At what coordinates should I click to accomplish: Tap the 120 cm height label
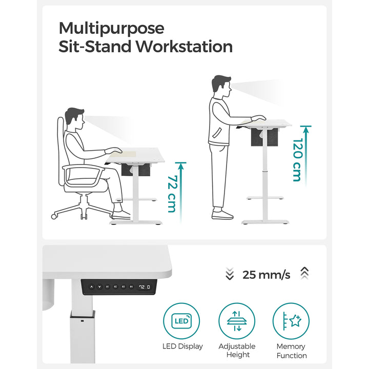click(x=296, y=159)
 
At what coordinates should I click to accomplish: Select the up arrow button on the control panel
click(x=91, y=287)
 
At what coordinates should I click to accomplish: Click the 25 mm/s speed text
click(x=266, y=275)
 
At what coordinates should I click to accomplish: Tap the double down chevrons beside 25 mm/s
click(x=230, y=275)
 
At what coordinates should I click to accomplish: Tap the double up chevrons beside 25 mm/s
click(x=304, y=274)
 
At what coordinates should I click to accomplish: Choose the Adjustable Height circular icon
click(x=237, y=321)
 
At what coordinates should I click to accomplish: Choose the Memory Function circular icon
click(x=291, y=321)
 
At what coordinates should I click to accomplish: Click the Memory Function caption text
click(x=291, y=351)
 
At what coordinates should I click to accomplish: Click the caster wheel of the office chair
click(x=54, y=216)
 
